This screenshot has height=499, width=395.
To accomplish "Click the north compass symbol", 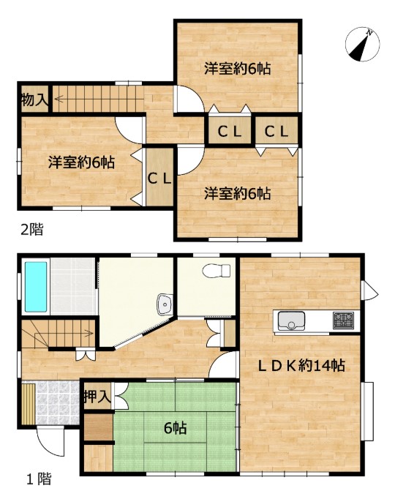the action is pos(363,45).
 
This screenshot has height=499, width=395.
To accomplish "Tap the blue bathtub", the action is pos(36,287).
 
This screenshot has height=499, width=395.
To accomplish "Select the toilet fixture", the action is pos(217,271).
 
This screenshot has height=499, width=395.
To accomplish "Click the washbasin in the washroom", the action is pos(165,304).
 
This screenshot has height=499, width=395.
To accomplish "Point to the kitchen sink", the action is pos(291,320).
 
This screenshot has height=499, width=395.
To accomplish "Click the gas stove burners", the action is pos(344,320).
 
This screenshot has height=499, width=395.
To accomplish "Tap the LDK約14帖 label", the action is pos(301,366).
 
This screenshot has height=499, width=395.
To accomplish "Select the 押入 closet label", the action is pos(97,397).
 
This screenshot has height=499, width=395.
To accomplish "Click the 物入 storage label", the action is pos(35,100).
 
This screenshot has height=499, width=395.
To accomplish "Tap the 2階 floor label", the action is pos(31,229).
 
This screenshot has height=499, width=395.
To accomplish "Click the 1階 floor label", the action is pos(39,479).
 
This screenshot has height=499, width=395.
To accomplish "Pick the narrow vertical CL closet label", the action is pos(159,179).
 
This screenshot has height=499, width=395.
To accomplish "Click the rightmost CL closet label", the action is pos(276,131).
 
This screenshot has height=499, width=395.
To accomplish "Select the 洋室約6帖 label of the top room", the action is pos(238,69).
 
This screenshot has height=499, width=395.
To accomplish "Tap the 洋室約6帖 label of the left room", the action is pos(81,162).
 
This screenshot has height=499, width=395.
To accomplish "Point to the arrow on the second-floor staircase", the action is pos(98,100).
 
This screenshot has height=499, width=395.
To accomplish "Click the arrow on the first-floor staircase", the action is pos(64,334).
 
